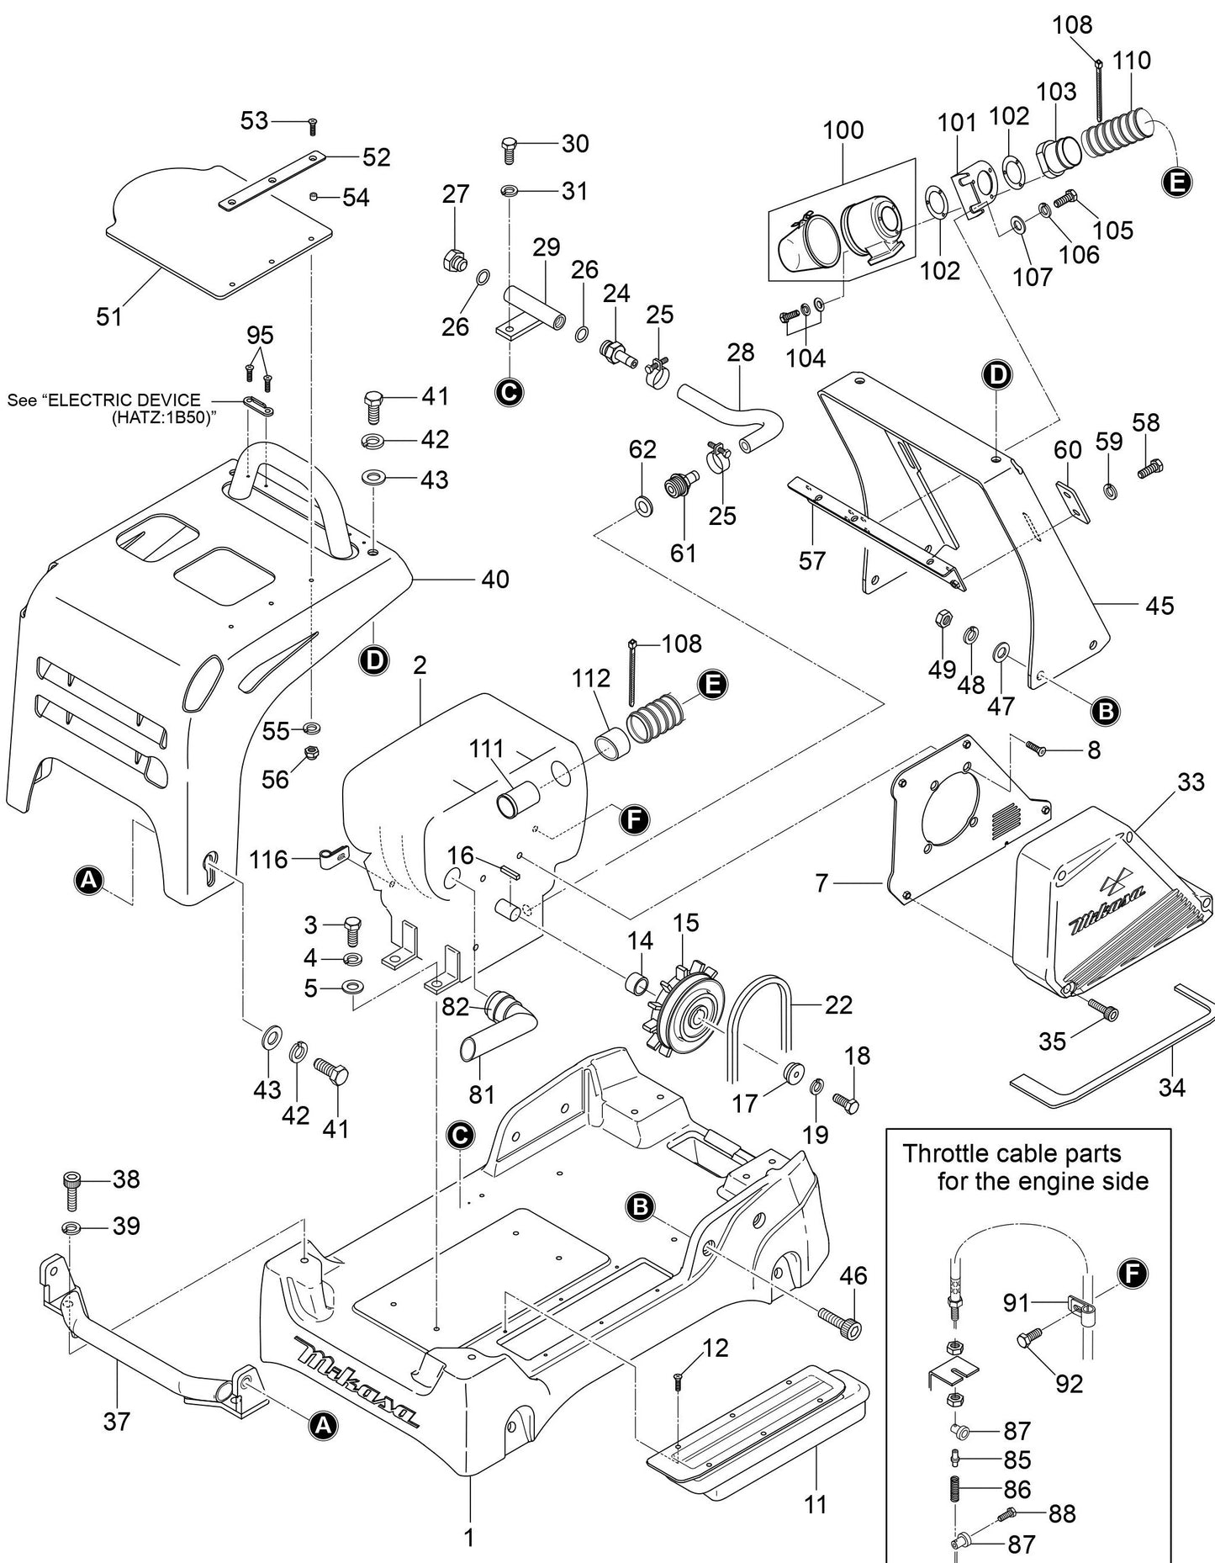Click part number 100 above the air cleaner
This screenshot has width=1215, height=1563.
point(843,130)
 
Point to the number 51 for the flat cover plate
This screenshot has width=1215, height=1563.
point(109,316)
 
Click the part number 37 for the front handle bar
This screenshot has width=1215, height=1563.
point(117,1421)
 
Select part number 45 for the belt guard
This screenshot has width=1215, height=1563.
point(1160,605)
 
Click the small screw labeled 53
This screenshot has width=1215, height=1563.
point(312,126)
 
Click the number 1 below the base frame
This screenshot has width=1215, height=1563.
point(469,1537)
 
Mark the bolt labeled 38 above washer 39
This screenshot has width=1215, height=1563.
point(71,1188)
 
